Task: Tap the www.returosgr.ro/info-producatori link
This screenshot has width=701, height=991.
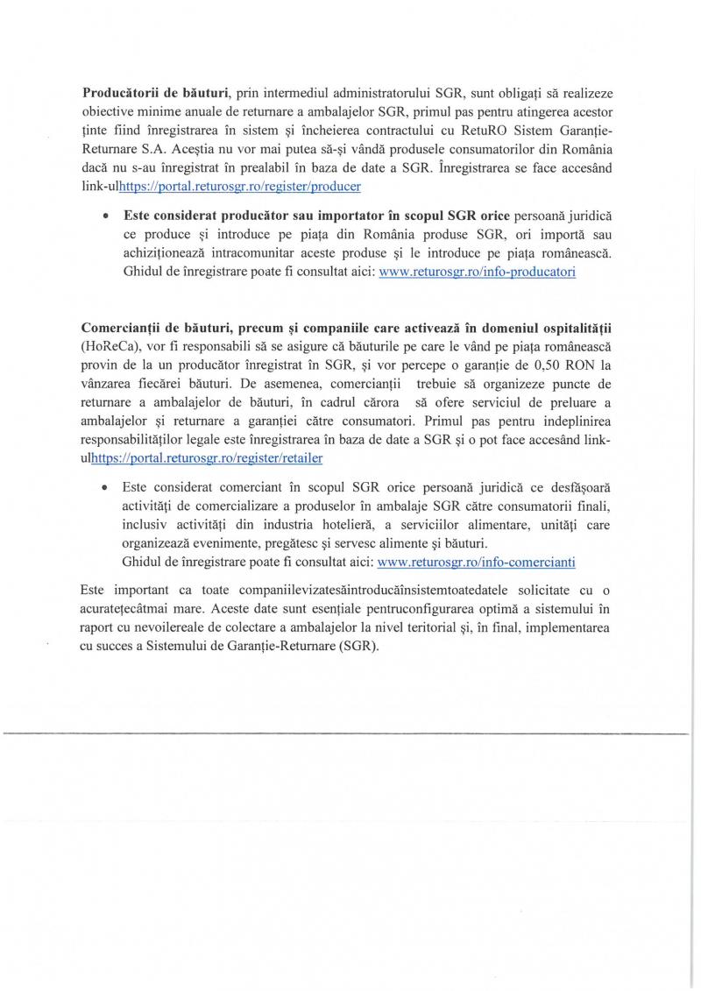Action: [x=476, y=272]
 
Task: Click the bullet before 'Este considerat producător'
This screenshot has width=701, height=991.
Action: [x=106, y=215]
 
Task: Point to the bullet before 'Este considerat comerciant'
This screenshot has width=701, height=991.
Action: [x=106, y=485]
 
